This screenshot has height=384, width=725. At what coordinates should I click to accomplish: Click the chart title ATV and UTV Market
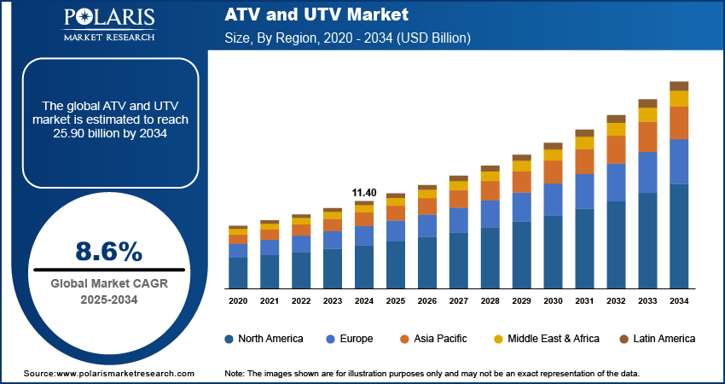click(316, 15)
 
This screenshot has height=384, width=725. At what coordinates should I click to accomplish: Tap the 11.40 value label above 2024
click(364, 193)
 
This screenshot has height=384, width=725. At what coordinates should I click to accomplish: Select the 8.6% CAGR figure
click(109, 251)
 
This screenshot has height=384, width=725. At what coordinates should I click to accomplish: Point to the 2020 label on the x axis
click(238, 301)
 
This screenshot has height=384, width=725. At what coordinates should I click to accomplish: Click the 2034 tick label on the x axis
click(679, 301)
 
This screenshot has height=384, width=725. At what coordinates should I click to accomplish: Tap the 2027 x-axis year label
click(459, 301)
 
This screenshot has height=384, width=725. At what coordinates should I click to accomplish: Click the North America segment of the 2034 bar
click(679, 236)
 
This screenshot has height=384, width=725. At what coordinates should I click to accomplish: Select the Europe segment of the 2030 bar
click(554, 200)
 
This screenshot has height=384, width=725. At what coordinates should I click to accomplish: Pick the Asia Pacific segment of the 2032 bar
click(617, 149)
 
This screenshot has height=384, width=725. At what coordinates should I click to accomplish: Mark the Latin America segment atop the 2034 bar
click(679, 85)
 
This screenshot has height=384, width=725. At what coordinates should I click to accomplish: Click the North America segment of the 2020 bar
click(238, 273)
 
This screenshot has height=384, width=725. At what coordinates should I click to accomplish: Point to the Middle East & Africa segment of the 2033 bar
click(648, 114)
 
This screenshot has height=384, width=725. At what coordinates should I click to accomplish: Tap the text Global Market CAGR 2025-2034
click(109, 292)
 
